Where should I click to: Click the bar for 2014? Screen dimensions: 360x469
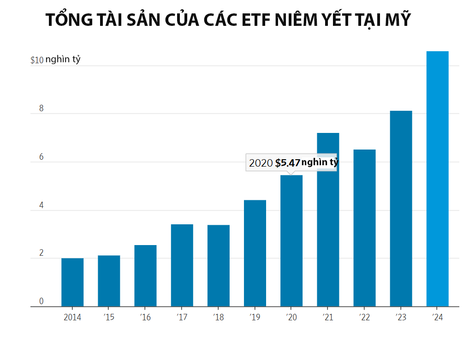click(72, 282)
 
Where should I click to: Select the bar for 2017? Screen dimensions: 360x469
click(182, 265)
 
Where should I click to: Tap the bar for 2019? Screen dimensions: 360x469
click(255, 253)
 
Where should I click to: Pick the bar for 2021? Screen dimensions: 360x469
click(328, 220)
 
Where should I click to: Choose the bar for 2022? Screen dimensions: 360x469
click(364, 228)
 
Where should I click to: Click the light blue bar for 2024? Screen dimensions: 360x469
click(437, 179)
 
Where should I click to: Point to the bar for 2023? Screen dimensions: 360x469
click(401, 209)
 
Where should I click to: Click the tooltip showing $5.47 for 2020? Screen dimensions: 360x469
click(291, 163)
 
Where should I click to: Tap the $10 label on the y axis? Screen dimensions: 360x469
click(37, 60)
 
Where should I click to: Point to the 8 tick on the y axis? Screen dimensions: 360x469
click(41, 109)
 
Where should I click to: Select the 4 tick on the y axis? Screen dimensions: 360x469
click(41, 205)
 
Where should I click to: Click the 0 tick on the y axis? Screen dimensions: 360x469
click(41, 301)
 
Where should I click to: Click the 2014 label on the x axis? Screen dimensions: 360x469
click(72, 318)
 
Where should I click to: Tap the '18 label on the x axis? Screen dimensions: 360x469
click(218, 318)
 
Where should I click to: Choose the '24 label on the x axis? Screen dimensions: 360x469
click(437, 318)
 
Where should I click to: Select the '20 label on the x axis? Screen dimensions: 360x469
click(291, 318)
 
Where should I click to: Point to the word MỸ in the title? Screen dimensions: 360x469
click(397, 20)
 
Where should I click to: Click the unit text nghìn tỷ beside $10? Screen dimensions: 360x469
click(63, 60)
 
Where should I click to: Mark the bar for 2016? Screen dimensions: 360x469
click(145, 276)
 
